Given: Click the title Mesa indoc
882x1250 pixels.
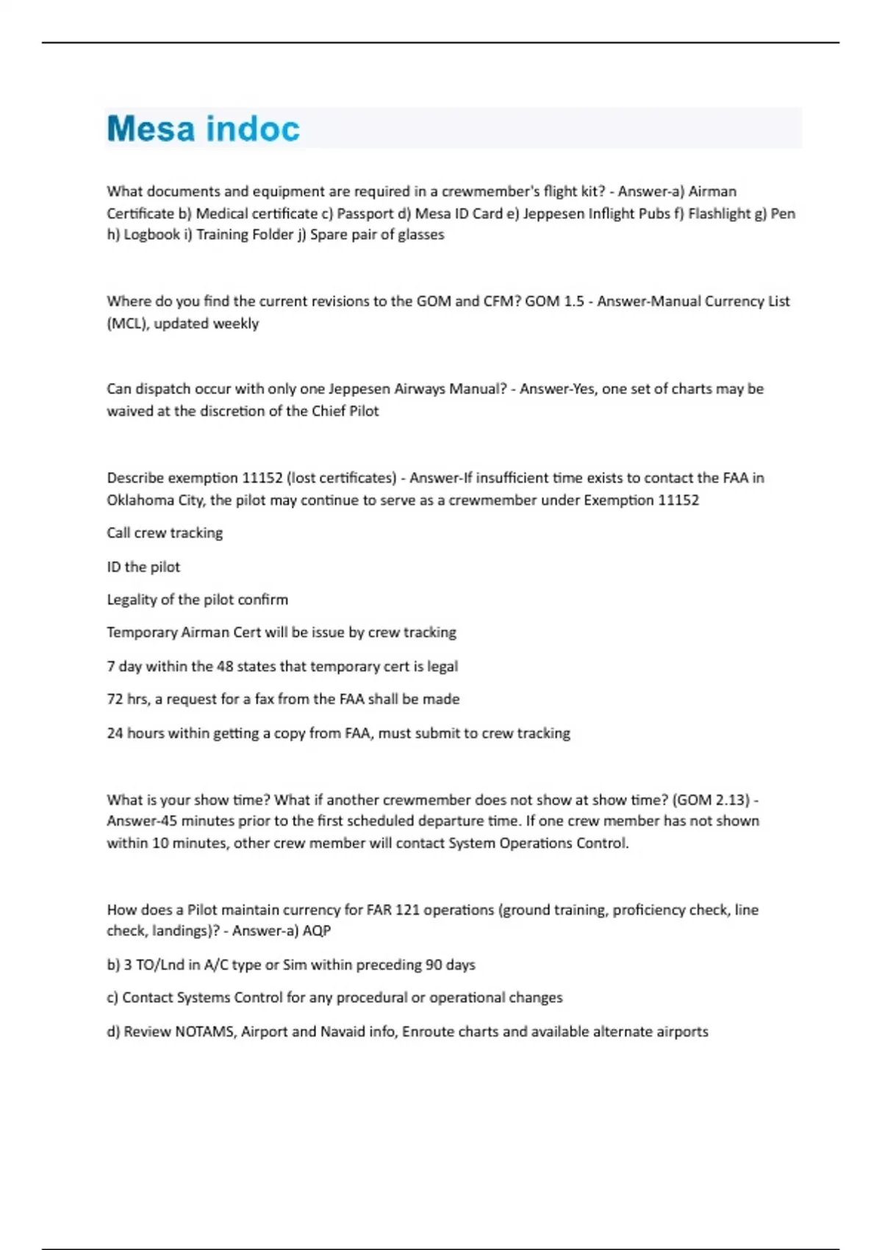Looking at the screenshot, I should click(x=203, y=129).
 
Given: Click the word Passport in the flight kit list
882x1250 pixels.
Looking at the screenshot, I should click(x=365, y=213).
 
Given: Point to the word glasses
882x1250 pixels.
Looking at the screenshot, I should click(x=421, y=235).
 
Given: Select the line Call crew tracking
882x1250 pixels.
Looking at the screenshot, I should click(x=165, y=533).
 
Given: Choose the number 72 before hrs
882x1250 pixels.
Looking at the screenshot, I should click(x=115, y=699).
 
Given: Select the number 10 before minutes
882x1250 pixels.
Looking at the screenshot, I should click(x=160, y=843).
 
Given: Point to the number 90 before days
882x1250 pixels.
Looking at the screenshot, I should click(x=434, y=965).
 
